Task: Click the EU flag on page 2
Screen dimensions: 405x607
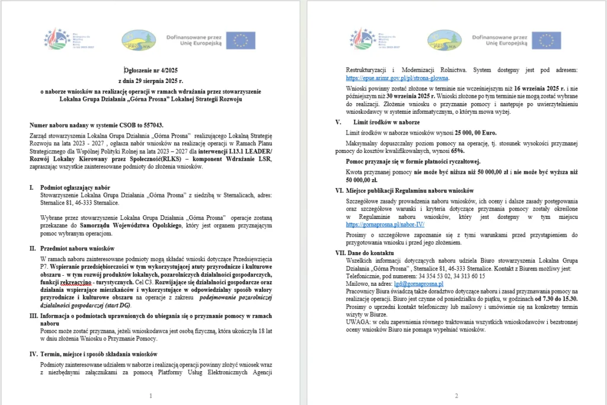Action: (546, 40)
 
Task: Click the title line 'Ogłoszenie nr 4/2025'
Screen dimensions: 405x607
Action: (151, 69)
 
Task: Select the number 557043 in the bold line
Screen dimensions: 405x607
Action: (151, 126)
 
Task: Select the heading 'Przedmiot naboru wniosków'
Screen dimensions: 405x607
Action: (76, 248)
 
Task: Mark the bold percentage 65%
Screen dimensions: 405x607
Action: (456, 151)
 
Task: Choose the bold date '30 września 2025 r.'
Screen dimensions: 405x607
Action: (402, 95)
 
